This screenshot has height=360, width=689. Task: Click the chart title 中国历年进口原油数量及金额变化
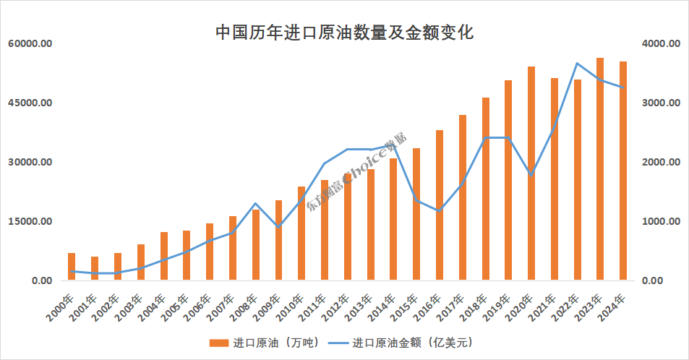[x=344, y=33]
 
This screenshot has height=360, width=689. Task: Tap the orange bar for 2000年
[x=72, y=267]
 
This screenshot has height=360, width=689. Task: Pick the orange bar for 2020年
[x=531, y=173]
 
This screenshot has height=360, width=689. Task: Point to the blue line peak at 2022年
[x=577, y=64]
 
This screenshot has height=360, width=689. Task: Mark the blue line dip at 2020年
[x=531, y=175]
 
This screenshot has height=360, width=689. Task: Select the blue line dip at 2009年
[x=278, y=227]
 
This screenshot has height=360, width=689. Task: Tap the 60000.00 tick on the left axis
[x=30, y=44]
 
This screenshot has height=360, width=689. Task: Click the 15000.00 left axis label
[x=30, y=221]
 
